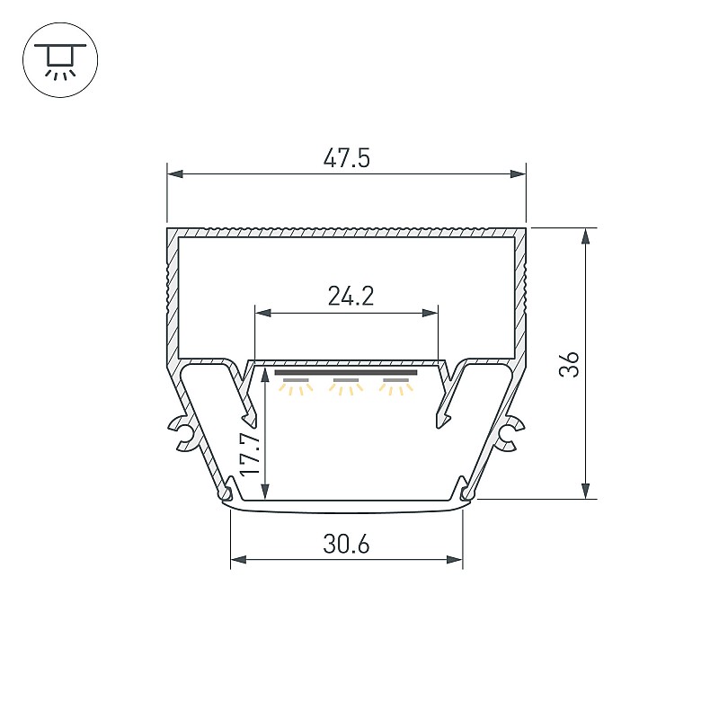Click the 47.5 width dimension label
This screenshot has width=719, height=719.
[x=346, y=158]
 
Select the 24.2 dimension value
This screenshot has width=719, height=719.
[x=351, y=296]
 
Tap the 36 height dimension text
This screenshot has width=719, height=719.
[x=569, y=365]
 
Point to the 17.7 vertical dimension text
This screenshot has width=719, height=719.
[x=251, y=455]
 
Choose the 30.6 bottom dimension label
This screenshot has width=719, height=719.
[x=346, y=545]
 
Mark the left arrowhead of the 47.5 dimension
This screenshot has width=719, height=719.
[x=175, y=173]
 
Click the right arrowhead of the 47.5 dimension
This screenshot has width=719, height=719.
[x=518, y=173]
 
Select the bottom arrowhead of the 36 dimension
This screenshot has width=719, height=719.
[x=586, y=491]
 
